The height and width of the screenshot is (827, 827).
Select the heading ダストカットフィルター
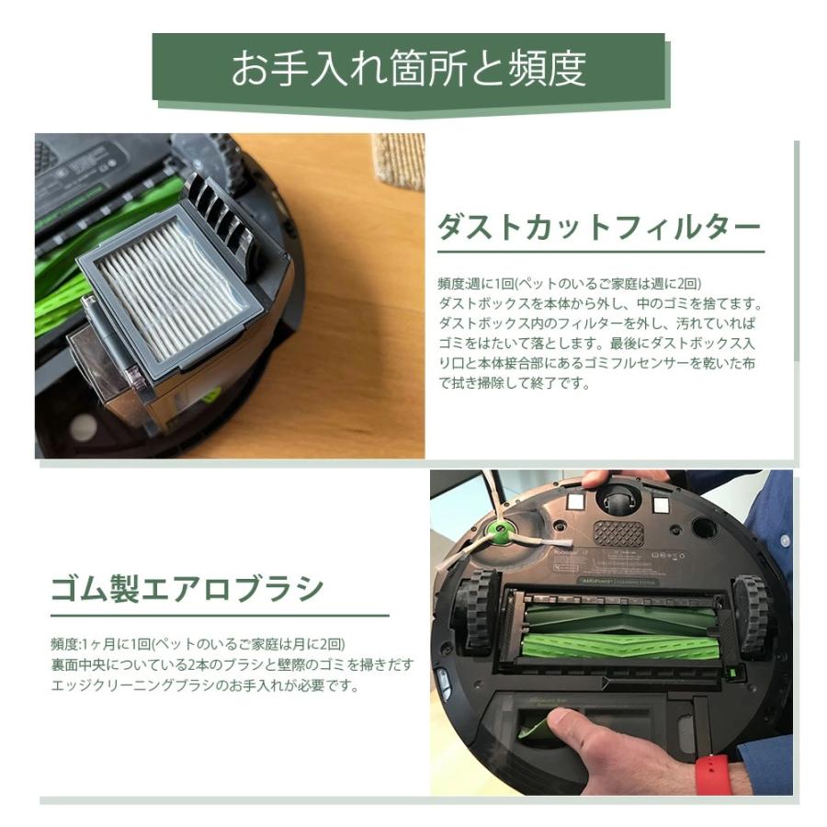pyautogui.click(x=598, y=226)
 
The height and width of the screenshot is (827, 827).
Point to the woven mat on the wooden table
pyautogui.click(x=398, y=160)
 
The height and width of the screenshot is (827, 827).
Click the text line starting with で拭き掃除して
pyautogui.click(x=514, y=383)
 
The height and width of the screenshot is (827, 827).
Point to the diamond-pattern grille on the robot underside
pyautogui.click(x=618, y=533)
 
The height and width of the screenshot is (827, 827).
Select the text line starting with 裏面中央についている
pyautogui.click(x=232, y=664)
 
